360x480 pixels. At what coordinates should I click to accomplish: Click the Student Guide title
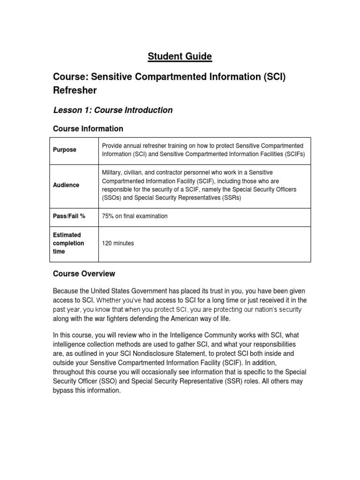coord(180,57)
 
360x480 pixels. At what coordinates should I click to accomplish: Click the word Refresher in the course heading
coord(75,90)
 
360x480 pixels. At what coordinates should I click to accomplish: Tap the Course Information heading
coord(88,128)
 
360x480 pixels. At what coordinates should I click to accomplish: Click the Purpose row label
coord(65,150)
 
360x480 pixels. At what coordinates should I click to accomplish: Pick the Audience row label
coord(66,185)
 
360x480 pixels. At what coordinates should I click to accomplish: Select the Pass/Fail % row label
coord(69,216)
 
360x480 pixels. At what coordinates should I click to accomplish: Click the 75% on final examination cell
coord(135,216)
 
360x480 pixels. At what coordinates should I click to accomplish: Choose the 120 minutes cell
coord(118,243)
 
